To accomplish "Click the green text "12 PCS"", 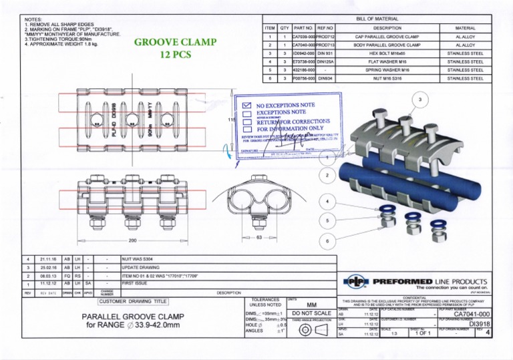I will (x=176, y=56).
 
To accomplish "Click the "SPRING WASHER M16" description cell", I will (x=387, y=69).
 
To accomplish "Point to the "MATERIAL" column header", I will (x=465, y=28).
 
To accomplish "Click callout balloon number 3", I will (x=419, y=100).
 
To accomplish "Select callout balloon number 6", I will (x=327, y=240).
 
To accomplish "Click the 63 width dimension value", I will (x=260, y=238).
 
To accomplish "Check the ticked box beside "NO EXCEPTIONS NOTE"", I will (x=246, y=106).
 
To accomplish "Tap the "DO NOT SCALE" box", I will (x=313, y=313).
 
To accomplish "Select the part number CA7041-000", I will (x=472, y=313).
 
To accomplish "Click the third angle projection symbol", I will (x=313, y=332).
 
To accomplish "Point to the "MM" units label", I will (x=313, y=303).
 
